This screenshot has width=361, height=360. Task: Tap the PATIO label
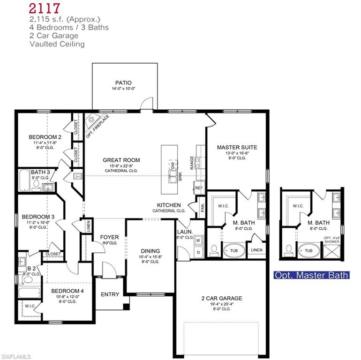tap(123, 83)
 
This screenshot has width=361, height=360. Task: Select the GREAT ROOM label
tap(121, 160)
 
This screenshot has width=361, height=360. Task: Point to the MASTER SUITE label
tap(237, 147)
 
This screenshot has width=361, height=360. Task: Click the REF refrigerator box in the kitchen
tap(199, 188)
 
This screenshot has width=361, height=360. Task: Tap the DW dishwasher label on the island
tap(173, 165)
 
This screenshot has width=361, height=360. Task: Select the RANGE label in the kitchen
tap(192, 162)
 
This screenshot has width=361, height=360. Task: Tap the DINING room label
tap(150, 251)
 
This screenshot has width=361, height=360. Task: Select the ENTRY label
tap(110, 294)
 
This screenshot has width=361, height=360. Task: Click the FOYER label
tap(110, 237)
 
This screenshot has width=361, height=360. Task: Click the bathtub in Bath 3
tap(24, 180)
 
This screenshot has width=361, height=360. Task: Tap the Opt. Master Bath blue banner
tap(311, 275)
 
